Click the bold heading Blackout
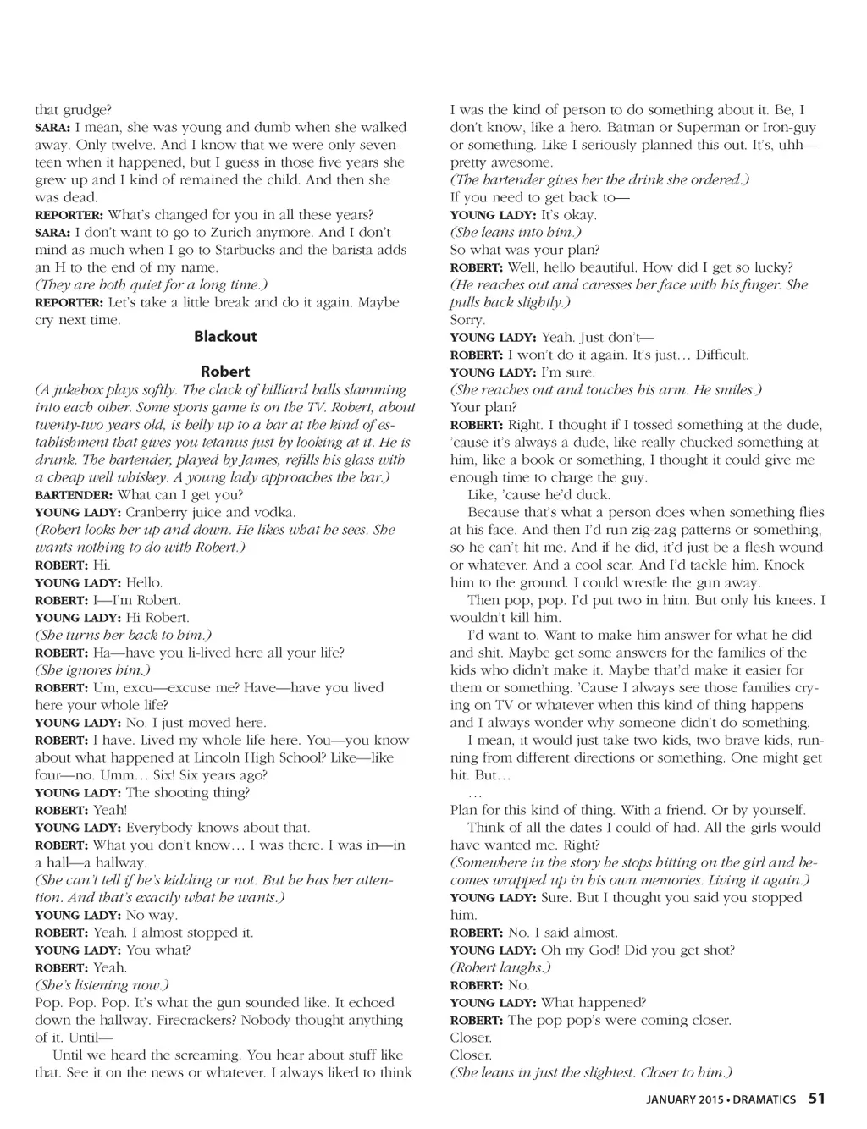pos(225,336)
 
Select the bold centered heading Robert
pos(225,371)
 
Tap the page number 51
pos(816,1099)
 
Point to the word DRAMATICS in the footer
pos(765,1099)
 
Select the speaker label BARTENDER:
pos(74,495)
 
